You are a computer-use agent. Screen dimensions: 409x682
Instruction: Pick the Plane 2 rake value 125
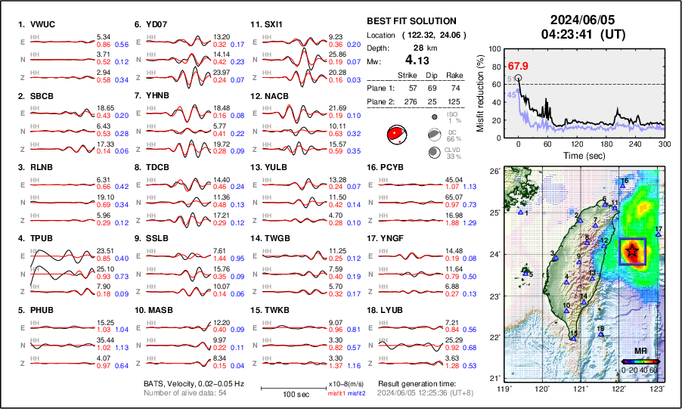(x=455, y=101)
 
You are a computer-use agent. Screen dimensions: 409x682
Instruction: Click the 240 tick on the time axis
(x=635, y=144)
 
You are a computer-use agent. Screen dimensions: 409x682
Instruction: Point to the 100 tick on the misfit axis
(x=496, y=48)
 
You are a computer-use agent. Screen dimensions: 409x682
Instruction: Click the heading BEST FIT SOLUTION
(x=411, y=21)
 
